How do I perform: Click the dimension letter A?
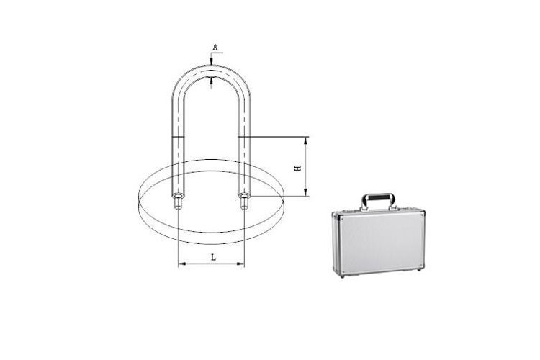pyautogui.click(x=215, y=48)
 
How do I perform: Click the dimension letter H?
pyautogui.click(x=297, y=168)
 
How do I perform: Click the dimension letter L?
pyautogui.click(x=214, y=257)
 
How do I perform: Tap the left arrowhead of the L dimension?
pyautogui.click(x=182, y=264)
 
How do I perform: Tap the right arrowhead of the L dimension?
pyautogui.click(x=240, y=264)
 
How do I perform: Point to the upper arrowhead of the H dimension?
pyautogui.click(x=305, y=140)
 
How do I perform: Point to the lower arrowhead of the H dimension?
pyautogui.click(x=305, y=192)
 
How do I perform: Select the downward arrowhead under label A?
pyautogui.click(x=212, y=62)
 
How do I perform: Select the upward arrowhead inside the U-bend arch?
pyautogui.click(x=212, y=80)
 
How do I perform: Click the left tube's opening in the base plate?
pyautogui.click(x=179, y=197)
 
